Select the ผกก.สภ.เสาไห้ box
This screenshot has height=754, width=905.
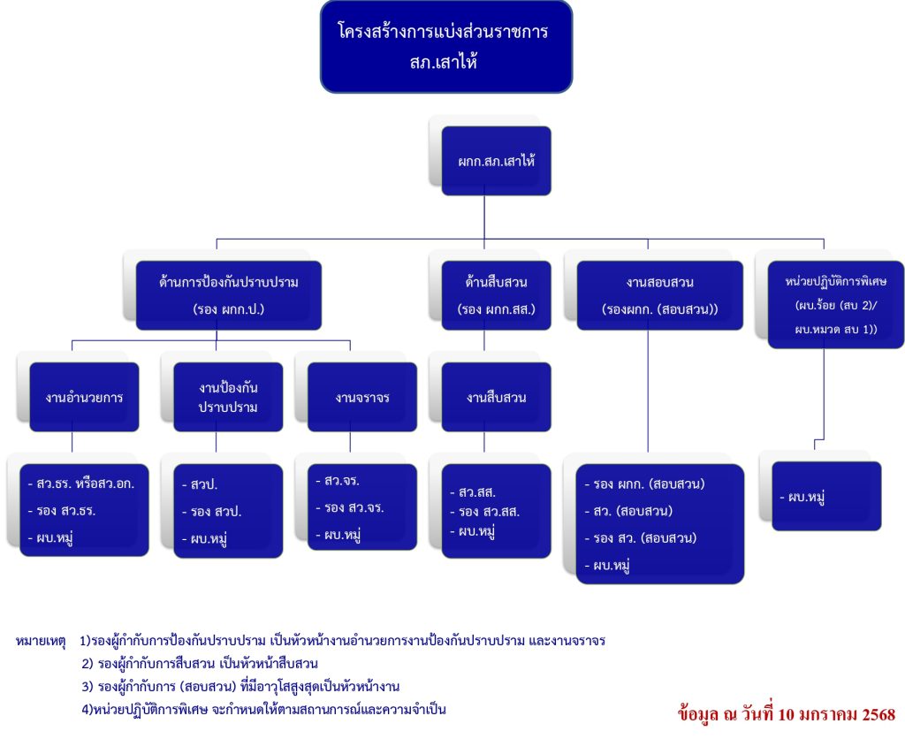pyautogui.click(x=496, y=162)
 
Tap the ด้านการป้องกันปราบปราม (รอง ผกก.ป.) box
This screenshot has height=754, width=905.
pyautogui.click(x=228, y=295)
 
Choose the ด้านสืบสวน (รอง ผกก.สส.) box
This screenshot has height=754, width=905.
pyautogui.click(x=496, y=295)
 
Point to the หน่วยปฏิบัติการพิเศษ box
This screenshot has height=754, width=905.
pyautogui.click(x=835, y=304)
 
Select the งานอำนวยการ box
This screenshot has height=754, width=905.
pyautogui.click(x=84, y=397)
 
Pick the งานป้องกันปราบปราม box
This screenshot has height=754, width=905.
pyautogui.click(x=228, y=397)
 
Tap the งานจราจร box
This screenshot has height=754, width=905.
pyautogui.click(x=361, y=397)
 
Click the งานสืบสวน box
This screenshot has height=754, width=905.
pyautogui.click(x=496, y=397)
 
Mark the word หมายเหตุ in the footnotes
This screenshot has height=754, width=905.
pyautogui.click(x=41, y=639)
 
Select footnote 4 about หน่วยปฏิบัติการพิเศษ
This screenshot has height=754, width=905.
pyautogui.click(x=263, y=709)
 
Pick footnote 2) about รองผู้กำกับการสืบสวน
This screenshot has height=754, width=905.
pyautogui.click(x=199, y=663)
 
